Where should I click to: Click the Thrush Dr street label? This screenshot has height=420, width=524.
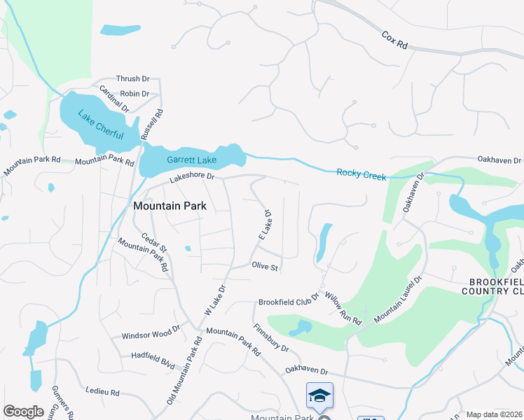(x=133, y=79)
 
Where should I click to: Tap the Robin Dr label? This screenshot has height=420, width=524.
(x=135, y=93)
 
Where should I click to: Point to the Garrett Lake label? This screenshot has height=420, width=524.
(x=191, y=160)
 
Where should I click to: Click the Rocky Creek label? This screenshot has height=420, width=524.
(x=361, y=174)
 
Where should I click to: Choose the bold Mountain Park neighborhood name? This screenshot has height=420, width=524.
(x=170, y=206)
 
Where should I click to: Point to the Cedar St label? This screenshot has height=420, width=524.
(x=153, y=243)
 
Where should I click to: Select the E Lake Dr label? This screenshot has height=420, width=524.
(x=265, y=225)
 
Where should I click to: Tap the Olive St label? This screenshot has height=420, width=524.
(x=266, y=267)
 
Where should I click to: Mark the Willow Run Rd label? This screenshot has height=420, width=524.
(x=343, y=307)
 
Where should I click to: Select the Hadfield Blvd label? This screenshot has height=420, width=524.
(x=153, y=356)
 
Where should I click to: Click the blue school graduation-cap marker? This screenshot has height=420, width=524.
(x=319, y=396)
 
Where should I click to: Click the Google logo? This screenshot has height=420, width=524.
(x=23, y=412)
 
